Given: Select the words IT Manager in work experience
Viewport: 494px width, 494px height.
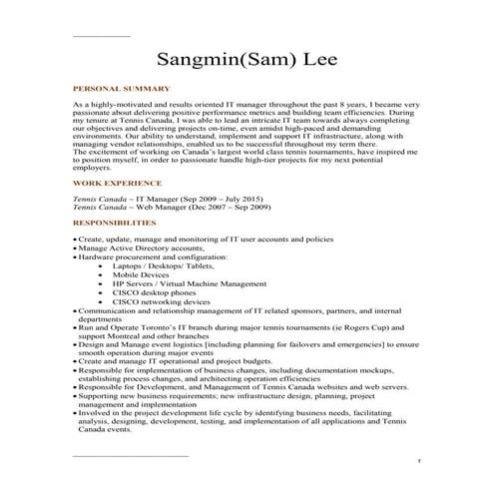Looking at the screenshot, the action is coord(141,199).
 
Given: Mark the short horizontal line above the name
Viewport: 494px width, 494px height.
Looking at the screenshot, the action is coord(102,37).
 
